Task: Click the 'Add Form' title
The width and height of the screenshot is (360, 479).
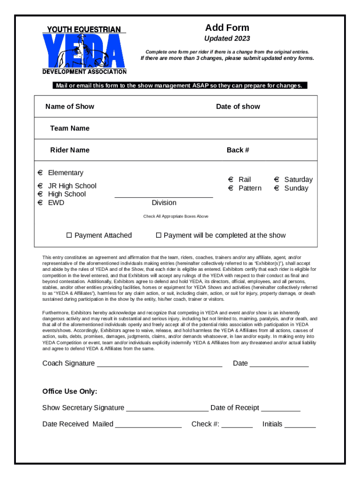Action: pyautogui.click(x=227, y=28)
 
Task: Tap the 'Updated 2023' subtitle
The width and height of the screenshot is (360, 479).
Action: pyautogui.click(x=227, y=38)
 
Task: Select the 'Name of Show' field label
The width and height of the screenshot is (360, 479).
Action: pyautogui.click(x=70, y=106)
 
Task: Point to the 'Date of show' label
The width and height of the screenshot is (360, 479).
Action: pyautogui.click(x=238, y=106)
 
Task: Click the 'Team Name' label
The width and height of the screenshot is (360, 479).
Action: pyautogui.click(x=70, y=128)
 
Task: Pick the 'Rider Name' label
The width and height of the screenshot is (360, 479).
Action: pyautogui.click(x=70, y=150)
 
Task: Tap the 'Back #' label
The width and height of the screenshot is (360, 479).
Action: pyautogui.click(x=238, y=150)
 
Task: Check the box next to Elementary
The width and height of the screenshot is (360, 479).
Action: pyautogui.click(x=40, y=173)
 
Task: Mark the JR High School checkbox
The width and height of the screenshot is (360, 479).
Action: pyautogui.click(x=40, y=186)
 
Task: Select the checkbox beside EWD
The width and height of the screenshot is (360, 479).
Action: pyautogui.click(x=40, y=203)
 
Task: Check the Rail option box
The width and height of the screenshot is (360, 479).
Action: pyautogui.click(x=230, y=180)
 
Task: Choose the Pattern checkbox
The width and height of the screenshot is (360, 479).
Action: pyautogui.click(x=230, y=188)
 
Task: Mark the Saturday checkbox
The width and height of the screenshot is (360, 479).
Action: pyautogui.click(x=276, y=180)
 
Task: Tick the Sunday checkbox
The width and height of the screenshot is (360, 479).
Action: pyautogui.click(x=276, y=188)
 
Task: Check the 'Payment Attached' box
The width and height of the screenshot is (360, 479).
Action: pyautogui.click(x=69, y=235)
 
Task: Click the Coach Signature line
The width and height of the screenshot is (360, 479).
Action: pyautogui.click(x=159, y=363)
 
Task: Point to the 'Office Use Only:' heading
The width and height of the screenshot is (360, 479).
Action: pyautogui.click(x=70, y=391)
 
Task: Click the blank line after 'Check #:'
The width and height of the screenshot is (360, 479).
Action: pyautogui.click(x=237, y=424)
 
